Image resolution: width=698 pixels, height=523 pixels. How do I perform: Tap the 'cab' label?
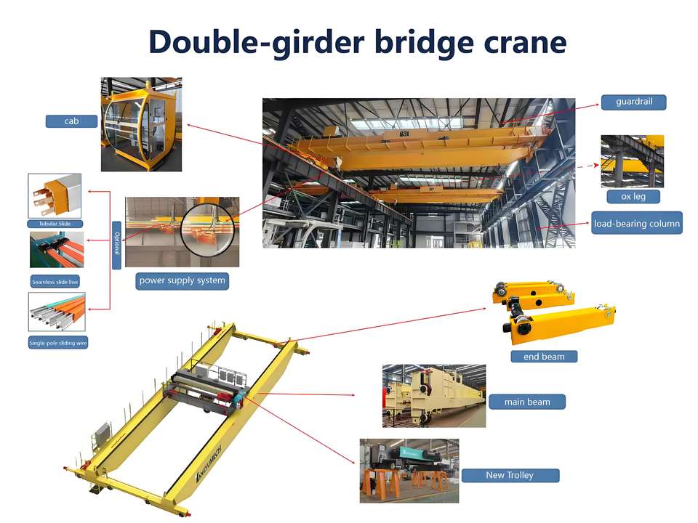[71, 121]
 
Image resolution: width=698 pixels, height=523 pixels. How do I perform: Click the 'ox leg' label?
[625, 196]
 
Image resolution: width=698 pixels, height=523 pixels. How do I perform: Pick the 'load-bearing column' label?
[636, 224]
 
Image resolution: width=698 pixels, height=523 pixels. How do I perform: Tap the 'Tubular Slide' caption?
[55, 224]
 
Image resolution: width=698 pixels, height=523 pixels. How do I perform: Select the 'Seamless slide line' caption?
[55, 281]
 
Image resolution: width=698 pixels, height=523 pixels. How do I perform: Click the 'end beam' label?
[544, 357]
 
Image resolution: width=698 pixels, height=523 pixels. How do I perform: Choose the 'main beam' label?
[527, 402]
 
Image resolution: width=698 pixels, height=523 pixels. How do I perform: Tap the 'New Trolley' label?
[509, 475]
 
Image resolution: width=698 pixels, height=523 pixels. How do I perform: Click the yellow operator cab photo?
[140, 124]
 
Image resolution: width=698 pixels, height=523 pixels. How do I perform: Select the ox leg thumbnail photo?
[632, 161]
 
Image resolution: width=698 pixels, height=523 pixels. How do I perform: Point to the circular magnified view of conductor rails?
[209, 232]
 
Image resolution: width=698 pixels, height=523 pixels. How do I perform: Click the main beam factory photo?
[433, 396]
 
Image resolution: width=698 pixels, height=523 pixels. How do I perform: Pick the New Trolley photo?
[409, 470]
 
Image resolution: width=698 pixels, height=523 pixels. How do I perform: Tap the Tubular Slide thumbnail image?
[55, 195]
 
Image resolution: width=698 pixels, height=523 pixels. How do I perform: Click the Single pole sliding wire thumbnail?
[57, 312]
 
